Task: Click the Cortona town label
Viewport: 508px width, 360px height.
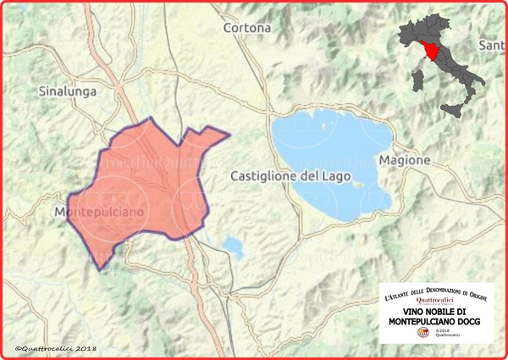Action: [x=247, y=28]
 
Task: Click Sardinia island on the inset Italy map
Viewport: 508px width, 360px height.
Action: [x=417, y=80]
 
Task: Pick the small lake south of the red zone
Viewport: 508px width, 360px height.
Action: [x=231, y=246]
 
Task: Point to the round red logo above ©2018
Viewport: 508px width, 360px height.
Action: [x=424, y=333]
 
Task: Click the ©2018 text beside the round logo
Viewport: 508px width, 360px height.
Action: [x=444, y=330]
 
